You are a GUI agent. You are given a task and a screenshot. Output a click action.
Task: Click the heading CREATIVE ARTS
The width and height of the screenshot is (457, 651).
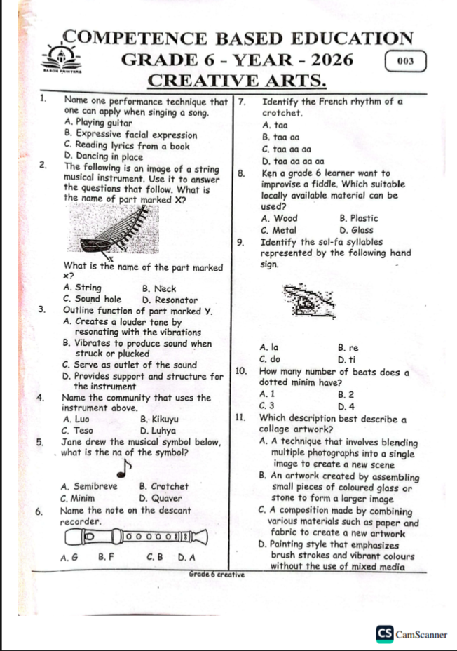(238, 81)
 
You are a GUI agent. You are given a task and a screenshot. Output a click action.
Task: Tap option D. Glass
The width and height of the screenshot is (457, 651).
(356, 229)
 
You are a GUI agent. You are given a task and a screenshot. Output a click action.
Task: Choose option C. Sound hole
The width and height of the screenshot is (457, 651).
(92, 298)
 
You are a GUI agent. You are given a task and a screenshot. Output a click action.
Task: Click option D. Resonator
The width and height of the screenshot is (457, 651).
(169, 298)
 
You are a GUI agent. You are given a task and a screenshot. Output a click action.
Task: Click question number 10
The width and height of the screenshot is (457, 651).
(241, 372)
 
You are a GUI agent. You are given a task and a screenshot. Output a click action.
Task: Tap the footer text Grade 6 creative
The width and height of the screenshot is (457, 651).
(216, 575)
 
